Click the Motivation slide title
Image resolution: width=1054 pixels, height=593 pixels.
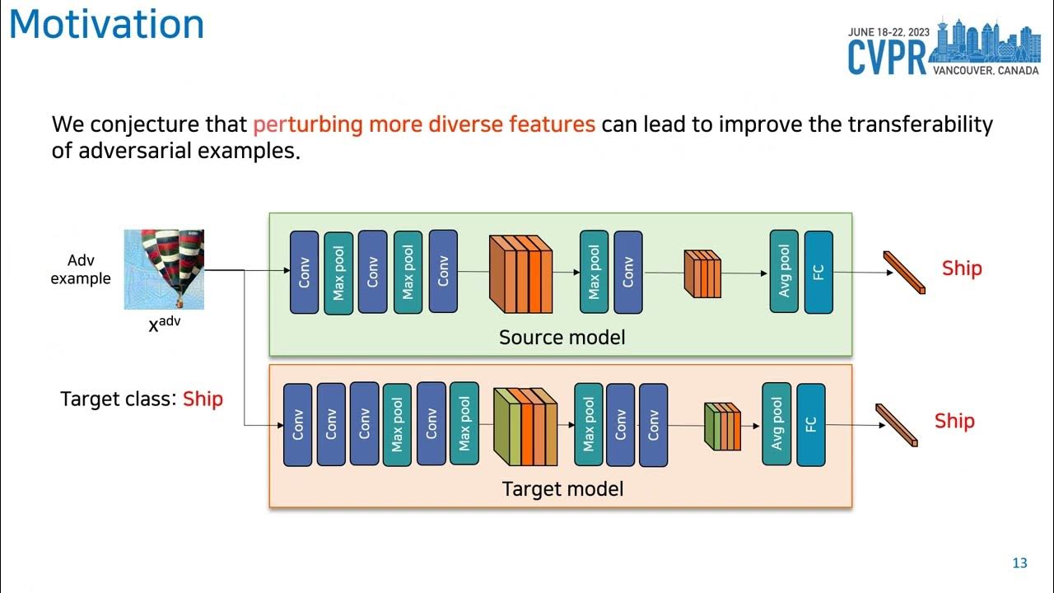coord(106,24)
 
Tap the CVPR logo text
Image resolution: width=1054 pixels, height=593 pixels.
coord(888,57)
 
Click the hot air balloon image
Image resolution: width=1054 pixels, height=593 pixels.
coord(164,269)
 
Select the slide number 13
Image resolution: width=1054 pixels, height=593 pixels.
coord(1019,563)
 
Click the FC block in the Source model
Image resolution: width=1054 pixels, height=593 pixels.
coord(818,272)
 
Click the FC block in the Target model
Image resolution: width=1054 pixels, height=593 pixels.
coord(810,424)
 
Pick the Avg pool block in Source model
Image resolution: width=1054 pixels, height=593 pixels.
coord(784,272)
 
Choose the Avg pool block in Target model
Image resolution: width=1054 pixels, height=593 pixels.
coord(777,424)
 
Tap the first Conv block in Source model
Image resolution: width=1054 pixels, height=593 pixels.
coord(304,272)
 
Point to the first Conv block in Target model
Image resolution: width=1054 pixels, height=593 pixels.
coord(297,424)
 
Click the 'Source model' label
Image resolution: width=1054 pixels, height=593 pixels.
coord(562,337)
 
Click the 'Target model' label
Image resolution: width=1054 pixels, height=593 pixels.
coord(562,488)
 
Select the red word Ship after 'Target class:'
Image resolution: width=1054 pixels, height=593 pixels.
coord(203,399)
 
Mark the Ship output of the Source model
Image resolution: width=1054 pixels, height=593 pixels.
coord(962,268)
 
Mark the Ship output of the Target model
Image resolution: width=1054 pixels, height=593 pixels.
coord(954,421)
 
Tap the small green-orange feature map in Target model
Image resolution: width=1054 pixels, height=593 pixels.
coord(722,427)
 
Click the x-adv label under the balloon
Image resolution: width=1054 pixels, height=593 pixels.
coord(164,324)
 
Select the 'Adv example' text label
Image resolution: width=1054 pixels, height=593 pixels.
coord(80,269)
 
